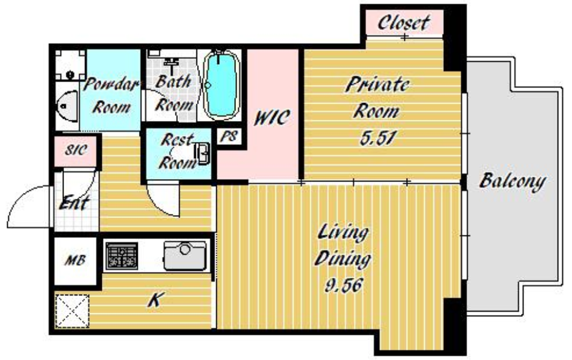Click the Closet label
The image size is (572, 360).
tap(404, 23)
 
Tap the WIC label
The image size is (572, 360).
tap(272, 117)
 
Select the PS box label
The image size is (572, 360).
tap(229, 136)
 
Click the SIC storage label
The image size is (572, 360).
tap(76, 150)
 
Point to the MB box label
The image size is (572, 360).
tap(75, 261)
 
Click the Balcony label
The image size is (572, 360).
tap(513, 181)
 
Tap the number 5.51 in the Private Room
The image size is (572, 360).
tap(378, 138)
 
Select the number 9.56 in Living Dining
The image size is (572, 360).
tap(344, 285)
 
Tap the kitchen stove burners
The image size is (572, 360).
tap(122, 256)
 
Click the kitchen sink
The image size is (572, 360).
tap(185, 256)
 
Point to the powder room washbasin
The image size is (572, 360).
tap(68, 106)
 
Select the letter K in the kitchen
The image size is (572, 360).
tap(155, 300)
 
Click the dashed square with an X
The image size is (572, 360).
tap(72, 311)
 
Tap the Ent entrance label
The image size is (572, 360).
tap(74, 202)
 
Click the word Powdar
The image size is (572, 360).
tap(111, 84)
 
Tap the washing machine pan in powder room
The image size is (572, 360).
tap(70, 65)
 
